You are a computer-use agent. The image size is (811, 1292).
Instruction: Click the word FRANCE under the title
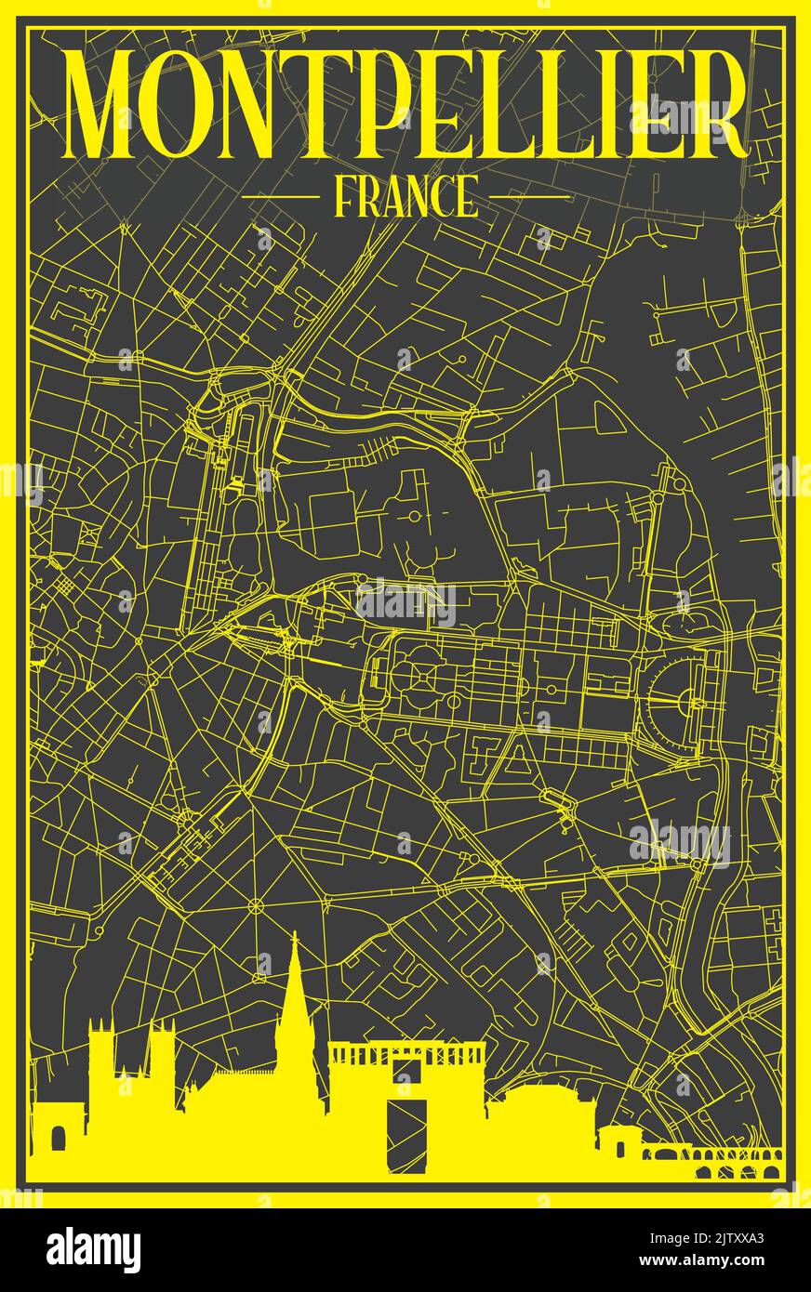[x=405, y=197]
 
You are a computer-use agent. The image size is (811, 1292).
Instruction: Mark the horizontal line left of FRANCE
[x=279, y=197]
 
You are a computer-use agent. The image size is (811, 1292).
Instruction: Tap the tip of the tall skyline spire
[x=294, y=937]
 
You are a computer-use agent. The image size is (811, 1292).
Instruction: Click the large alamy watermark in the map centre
[x=405, y=604]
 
